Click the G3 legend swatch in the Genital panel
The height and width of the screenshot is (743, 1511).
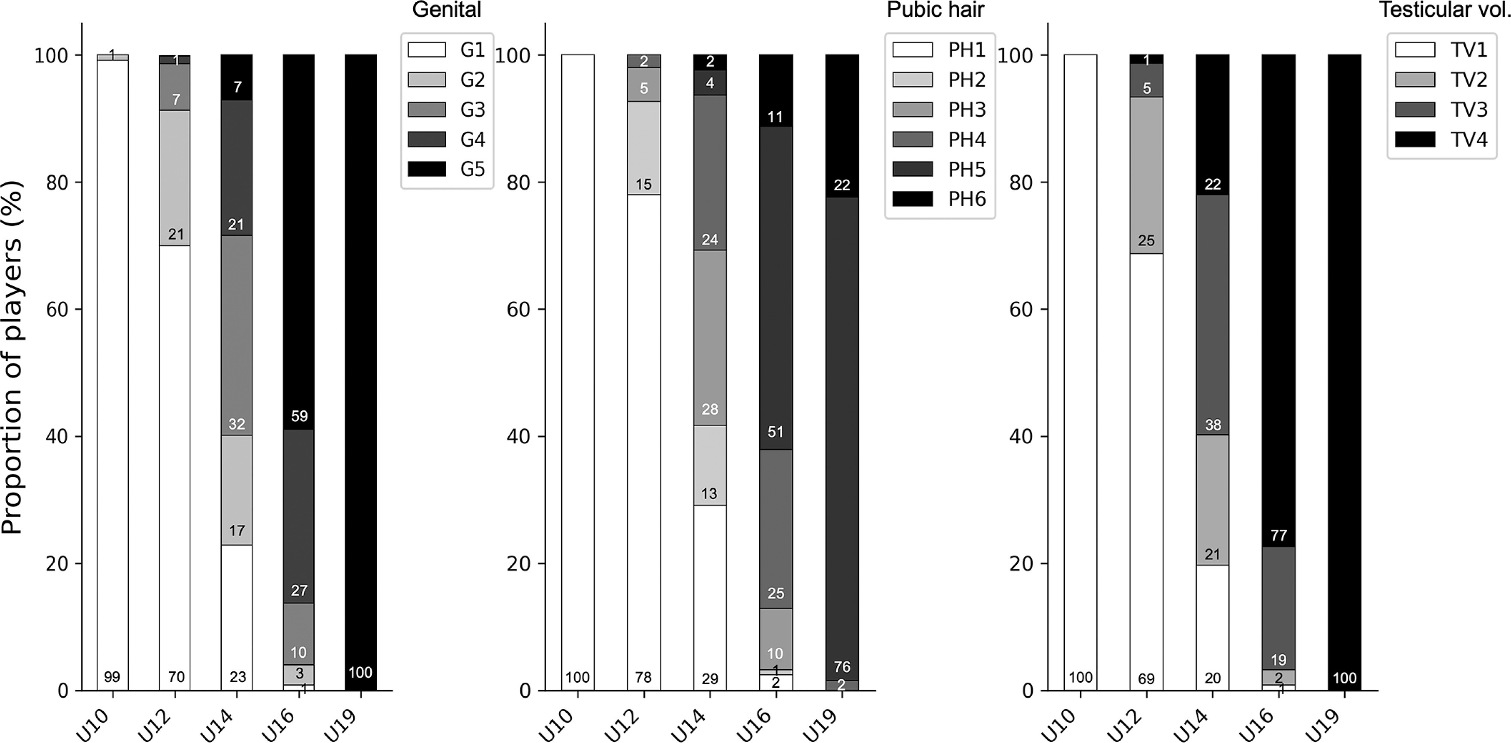tap(427, 110)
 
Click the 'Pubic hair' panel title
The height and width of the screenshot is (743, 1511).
tap(935, 10)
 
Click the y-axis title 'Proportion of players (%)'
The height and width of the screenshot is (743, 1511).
tap(12, 358)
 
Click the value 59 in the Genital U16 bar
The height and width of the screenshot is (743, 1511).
tap(299, 416)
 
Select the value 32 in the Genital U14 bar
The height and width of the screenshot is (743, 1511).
tap(236, 424)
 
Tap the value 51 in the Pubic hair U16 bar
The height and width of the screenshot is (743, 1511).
tap(775, 432)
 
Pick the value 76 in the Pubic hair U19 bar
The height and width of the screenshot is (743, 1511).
tap(842, 667)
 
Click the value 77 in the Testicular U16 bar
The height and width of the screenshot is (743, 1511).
tap(1279, 535)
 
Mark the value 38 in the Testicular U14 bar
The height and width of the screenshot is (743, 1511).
tap(1212, 425)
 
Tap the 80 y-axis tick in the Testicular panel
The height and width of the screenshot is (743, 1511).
tap(1021, 183)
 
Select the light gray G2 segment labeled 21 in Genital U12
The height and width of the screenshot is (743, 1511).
tap(175, 176)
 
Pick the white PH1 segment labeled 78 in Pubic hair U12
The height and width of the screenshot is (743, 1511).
tap(643, 440)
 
